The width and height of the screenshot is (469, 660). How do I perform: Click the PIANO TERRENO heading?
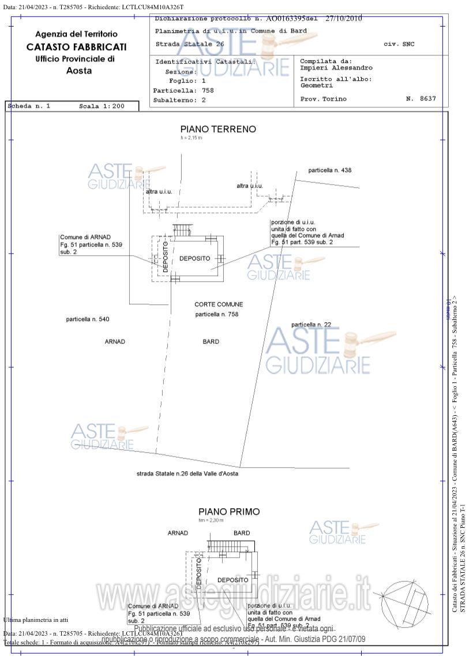(218, 129)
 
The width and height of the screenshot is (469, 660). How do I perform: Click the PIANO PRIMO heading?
(229, 512)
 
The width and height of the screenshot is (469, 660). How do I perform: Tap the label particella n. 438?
(329, 170)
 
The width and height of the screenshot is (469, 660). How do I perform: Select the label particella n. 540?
(87, 319)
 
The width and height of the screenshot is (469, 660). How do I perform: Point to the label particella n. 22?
(311, 325)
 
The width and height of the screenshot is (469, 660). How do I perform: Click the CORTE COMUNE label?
(219, 304)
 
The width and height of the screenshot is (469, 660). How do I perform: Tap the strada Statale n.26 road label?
(187, 473)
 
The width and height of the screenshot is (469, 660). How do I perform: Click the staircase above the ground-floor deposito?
(182, 230)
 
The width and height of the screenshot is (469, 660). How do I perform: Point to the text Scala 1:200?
(102, 106)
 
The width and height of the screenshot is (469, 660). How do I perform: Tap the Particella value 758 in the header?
(208, 91)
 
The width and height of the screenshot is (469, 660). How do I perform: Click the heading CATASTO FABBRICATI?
(76, 47)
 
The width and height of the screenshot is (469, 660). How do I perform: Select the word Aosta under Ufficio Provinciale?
(79, 70)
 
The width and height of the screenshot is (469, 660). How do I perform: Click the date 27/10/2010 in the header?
(344, 18)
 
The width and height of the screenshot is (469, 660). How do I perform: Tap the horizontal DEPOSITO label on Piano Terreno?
(194, 258)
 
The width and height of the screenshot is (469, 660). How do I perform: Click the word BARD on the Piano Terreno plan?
(211, 342)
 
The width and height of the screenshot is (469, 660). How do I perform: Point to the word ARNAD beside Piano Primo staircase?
(178, 533)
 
